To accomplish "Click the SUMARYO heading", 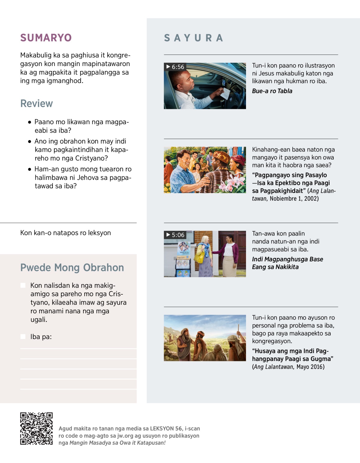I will point(46,38).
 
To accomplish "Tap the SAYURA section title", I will point(193,38).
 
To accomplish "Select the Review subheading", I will point(37,104).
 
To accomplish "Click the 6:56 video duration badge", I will point(175,67).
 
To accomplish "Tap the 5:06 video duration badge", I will point(175,235).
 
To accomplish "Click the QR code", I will point(36,428).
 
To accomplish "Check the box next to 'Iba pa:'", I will point(23,337).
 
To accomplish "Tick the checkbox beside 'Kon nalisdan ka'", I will point(23,285).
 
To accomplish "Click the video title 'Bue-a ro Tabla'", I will point(272,91).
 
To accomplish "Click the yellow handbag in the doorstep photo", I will point(199,257).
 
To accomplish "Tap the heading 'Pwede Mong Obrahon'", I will point(72,268).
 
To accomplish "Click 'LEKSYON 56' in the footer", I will point(166,428).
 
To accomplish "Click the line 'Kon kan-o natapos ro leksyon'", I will point(65,233).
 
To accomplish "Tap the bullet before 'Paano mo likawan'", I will point(29,122).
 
